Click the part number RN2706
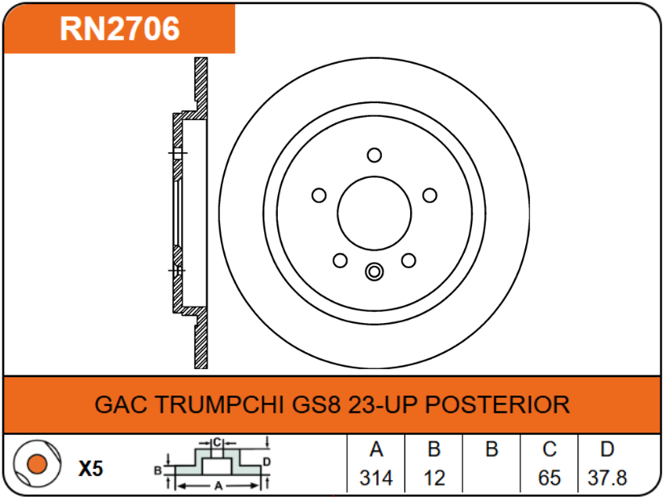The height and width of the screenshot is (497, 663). point(119,29)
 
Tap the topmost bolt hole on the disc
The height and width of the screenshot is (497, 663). point(374,155)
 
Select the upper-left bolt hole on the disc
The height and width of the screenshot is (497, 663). point(318,195)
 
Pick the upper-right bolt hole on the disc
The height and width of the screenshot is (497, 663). point(429,195)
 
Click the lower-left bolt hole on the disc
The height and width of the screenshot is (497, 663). point(340,260)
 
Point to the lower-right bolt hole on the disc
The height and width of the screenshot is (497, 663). point(408,260)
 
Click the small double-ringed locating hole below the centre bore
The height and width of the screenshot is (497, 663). point(374,272)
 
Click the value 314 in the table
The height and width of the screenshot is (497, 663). point(375,478)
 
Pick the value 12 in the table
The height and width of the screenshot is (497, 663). point(434,478)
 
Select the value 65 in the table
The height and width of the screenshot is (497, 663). point(549,478)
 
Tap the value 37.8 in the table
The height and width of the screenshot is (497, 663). point(607,478)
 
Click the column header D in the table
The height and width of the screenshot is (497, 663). point(607,449)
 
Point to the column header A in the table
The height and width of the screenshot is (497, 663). point(375,449)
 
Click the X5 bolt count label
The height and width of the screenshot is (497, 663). point(91,468)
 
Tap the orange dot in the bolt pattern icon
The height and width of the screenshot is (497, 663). point(35,465)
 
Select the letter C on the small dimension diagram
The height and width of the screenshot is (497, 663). point(218,442)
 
